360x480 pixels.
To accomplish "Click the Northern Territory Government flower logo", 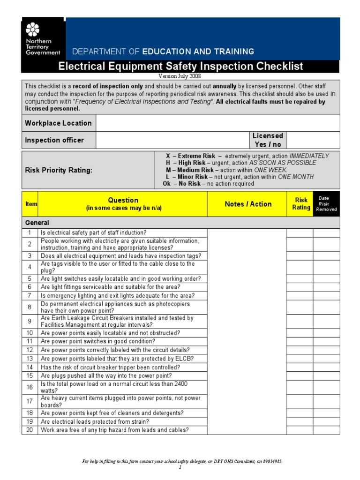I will click(x=32, y=30).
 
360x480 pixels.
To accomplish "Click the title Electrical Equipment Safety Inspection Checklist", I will click(x=180, y=67).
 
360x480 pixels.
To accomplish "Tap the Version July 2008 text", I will click(x=180, y=76).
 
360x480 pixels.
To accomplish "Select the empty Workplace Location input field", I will click(x=217, y=123).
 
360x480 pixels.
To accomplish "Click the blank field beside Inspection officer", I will click(x=173, y=140).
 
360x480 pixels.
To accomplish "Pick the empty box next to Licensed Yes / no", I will click(x=312, y=140).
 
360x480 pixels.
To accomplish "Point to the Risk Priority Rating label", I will click(x=59, y=170).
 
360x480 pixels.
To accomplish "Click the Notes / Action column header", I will click(x=248, y=204).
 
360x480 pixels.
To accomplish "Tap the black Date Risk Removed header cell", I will click(x=326, y=204).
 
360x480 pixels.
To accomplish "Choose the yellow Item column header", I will click(x=30, y=204).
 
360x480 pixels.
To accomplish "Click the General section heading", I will click(x=37, y=223).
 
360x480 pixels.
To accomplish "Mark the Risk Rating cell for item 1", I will click(x=300, y=233).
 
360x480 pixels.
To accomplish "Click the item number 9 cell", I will click(x=30, y=321).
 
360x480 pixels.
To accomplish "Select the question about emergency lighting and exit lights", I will click(x=117, y=296).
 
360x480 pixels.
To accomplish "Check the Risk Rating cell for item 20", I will click(x=300, y=430).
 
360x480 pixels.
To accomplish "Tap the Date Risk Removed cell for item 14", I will click(x=326, y=367).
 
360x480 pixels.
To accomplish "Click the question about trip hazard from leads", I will click(x=115, y=430).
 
